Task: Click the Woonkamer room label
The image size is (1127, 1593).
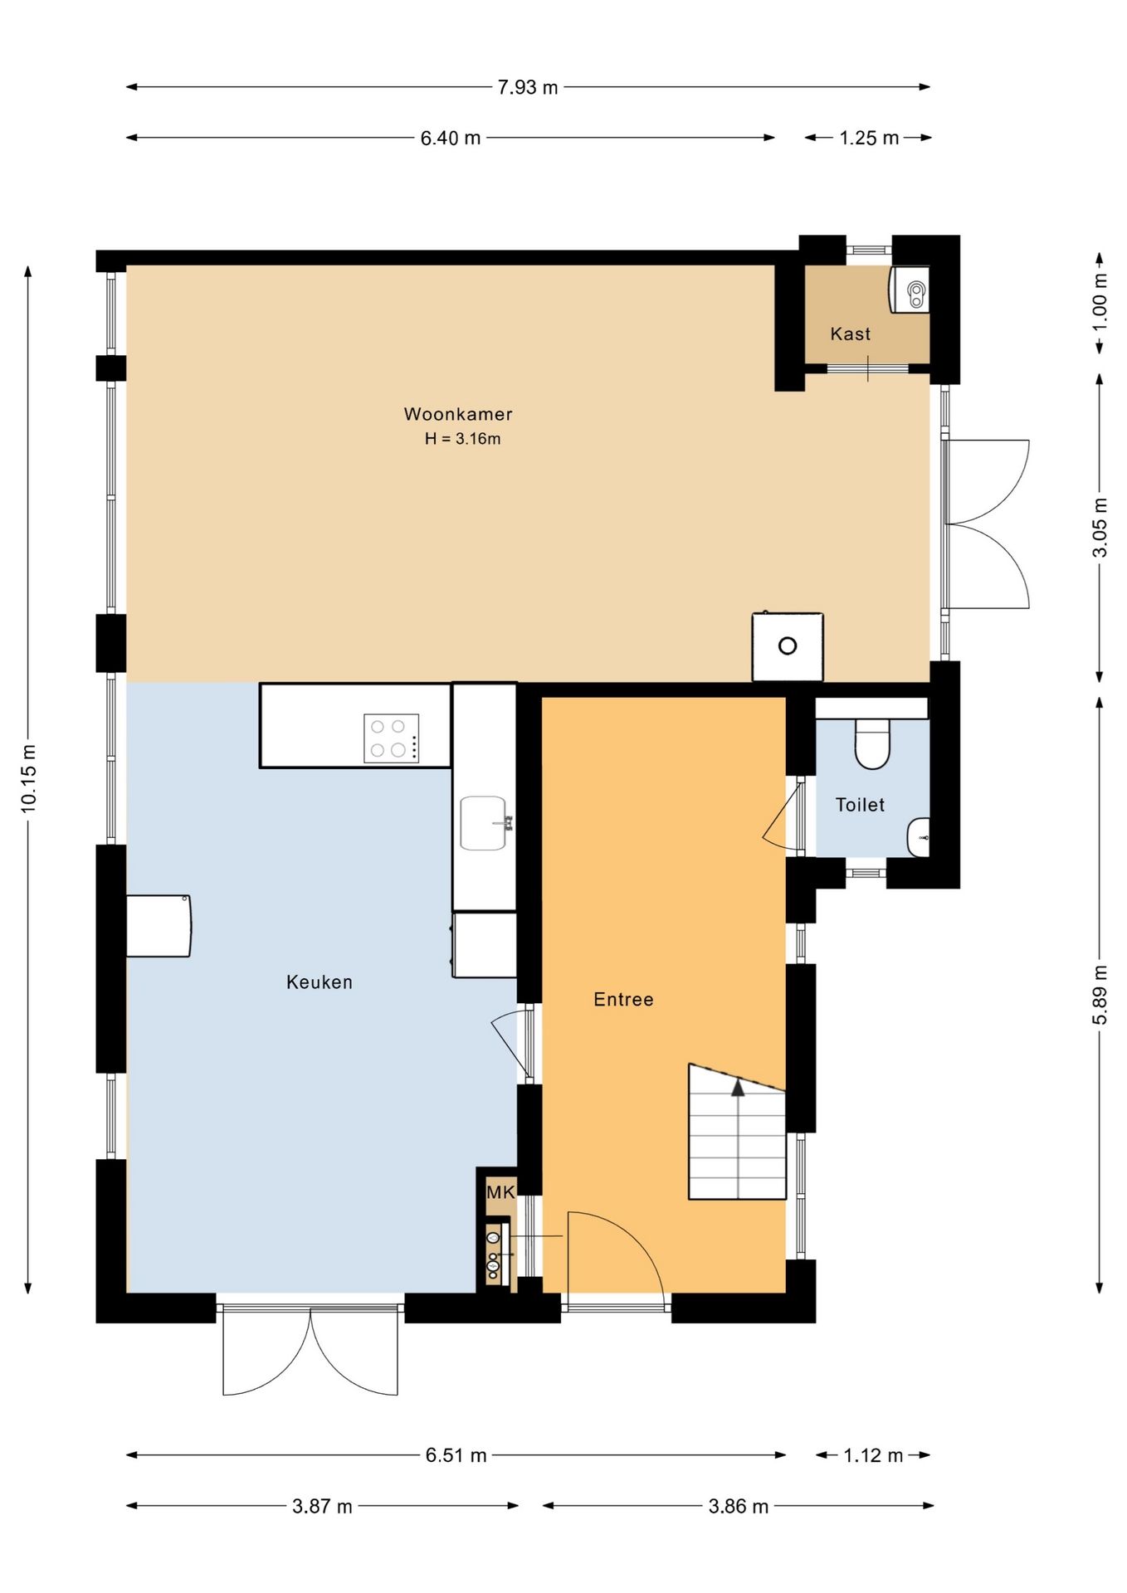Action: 458,414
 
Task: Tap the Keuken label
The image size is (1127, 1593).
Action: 320,982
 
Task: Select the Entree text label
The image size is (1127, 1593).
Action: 623,1000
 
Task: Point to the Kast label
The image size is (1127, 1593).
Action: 851,334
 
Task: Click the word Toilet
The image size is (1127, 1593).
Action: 860,805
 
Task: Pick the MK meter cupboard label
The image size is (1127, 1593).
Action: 500,1192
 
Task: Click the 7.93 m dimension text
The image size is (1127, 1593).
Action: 528,87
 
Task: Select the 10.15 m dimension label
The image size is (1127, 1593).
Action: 29,777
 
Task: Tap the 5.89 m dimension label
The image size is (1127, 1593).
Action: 1100,995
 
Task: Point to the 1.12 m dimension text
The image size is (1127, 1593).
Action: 873,1455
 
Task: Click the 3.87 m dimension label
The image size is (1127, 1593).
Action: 322,1506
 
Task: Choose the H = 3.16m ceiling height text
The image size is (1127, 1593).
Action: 462,439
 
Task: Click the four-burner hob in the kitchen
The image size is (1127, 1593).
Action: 391,738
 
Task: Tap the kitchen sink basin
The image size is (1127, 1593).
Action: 483,823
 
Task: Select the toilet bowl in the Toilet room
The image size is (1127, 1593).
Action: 872,743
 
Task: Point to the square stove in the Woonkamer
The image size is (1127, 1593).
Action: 788,646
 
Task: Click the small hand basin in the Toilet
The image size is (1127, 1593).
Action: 918,837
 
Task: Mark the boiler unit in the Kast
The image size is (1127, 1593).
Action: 910,290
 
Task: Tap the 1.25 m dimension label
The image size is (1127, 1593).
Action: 869,138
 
